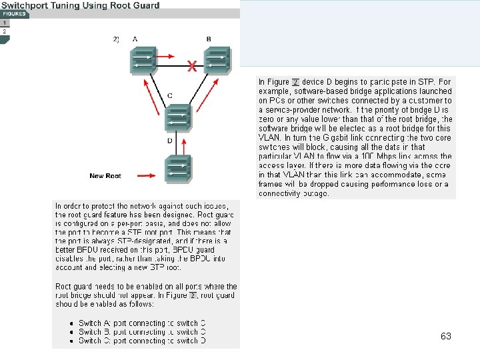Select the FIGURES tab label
tap(14, 14)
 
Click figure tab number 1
tap(5, 23)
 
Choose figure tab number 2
tap(5, 31)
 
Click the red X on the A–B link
tap(192, 67)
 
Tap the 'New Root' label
tap(105, 176)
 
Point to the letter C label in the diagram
tap(171, 96)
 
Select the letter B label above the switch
tap(209, 39)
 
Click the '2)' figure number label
tap(116, 39)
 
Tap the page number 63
tap(445, 337)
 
